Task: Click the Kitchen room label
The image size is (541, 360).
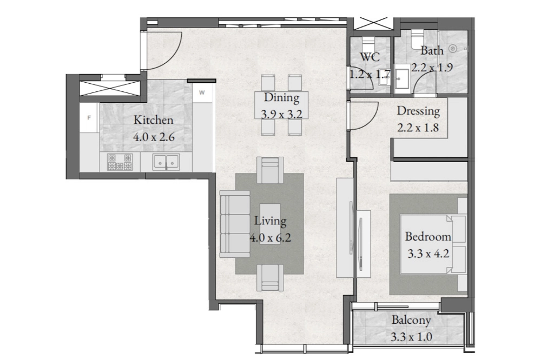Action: [x=153, y=120]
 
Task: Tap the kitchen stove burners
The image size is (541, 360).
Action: [x=120, y=162]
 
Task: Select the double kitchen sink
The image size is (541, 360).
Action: [x=166, y=162]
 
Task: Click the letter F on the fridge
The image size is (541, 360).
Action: [x=89, y=118]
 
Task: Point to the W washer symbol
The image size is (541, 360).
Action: [x=202, y=92]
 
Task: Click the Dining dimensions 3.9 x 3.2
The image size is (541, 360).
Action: [x=281, y=114]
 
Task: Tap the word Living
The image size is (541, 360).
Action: [x=270, y=221]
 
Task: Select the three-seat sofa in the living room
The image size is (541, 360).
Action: [x=235, y=224]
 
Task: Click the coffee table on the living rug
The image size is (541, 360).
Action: [x=270, y=224]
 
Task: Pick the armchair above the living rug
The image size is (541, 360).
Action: [x=270, y=170]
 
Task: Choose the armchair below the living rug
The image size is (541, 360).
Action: [x=270, y=278]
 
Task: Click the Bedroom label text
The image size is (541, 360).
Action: [x=428, y=237]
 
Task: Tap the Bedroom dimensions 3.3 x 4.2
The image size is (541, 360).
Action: [x=428, y=254]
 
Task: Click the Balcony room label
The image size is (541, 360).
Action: [x=411, y=321]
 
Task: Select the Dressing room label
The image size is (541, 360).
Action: [x=418, y=111]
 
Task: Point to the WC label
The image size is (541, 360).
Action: [x=370, y=57]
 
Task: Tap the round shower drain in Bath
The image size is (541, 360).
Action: [x=453, y=49]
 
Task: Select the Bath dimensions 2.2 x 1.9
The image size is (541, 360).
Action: [x=432, y=67]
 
